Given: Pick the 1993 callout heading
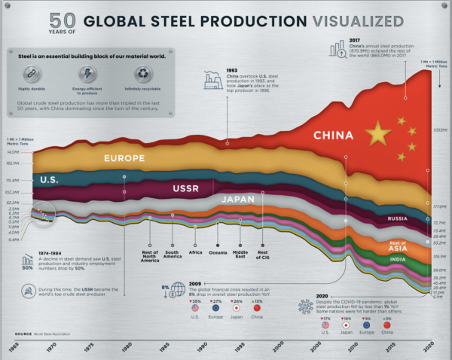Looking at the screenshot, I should click(x=231, y=70).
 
